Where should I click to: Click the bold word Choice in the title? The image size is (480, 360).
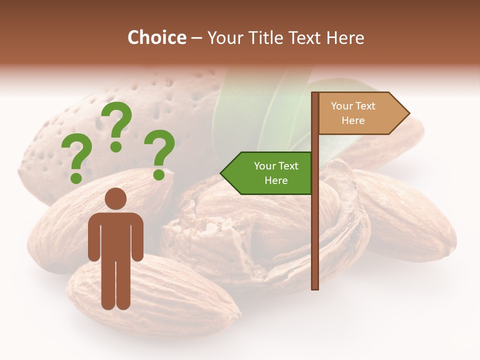point(156,37)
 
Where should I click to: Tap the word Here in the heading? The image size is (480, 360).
point(345,37)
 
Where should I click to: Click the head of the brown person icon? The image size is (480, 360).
point(115,198)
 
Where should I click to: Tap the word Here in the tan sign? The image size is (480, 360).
point(353,120)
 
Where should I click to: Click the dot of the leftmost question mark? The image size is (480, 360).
point(76,177)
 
